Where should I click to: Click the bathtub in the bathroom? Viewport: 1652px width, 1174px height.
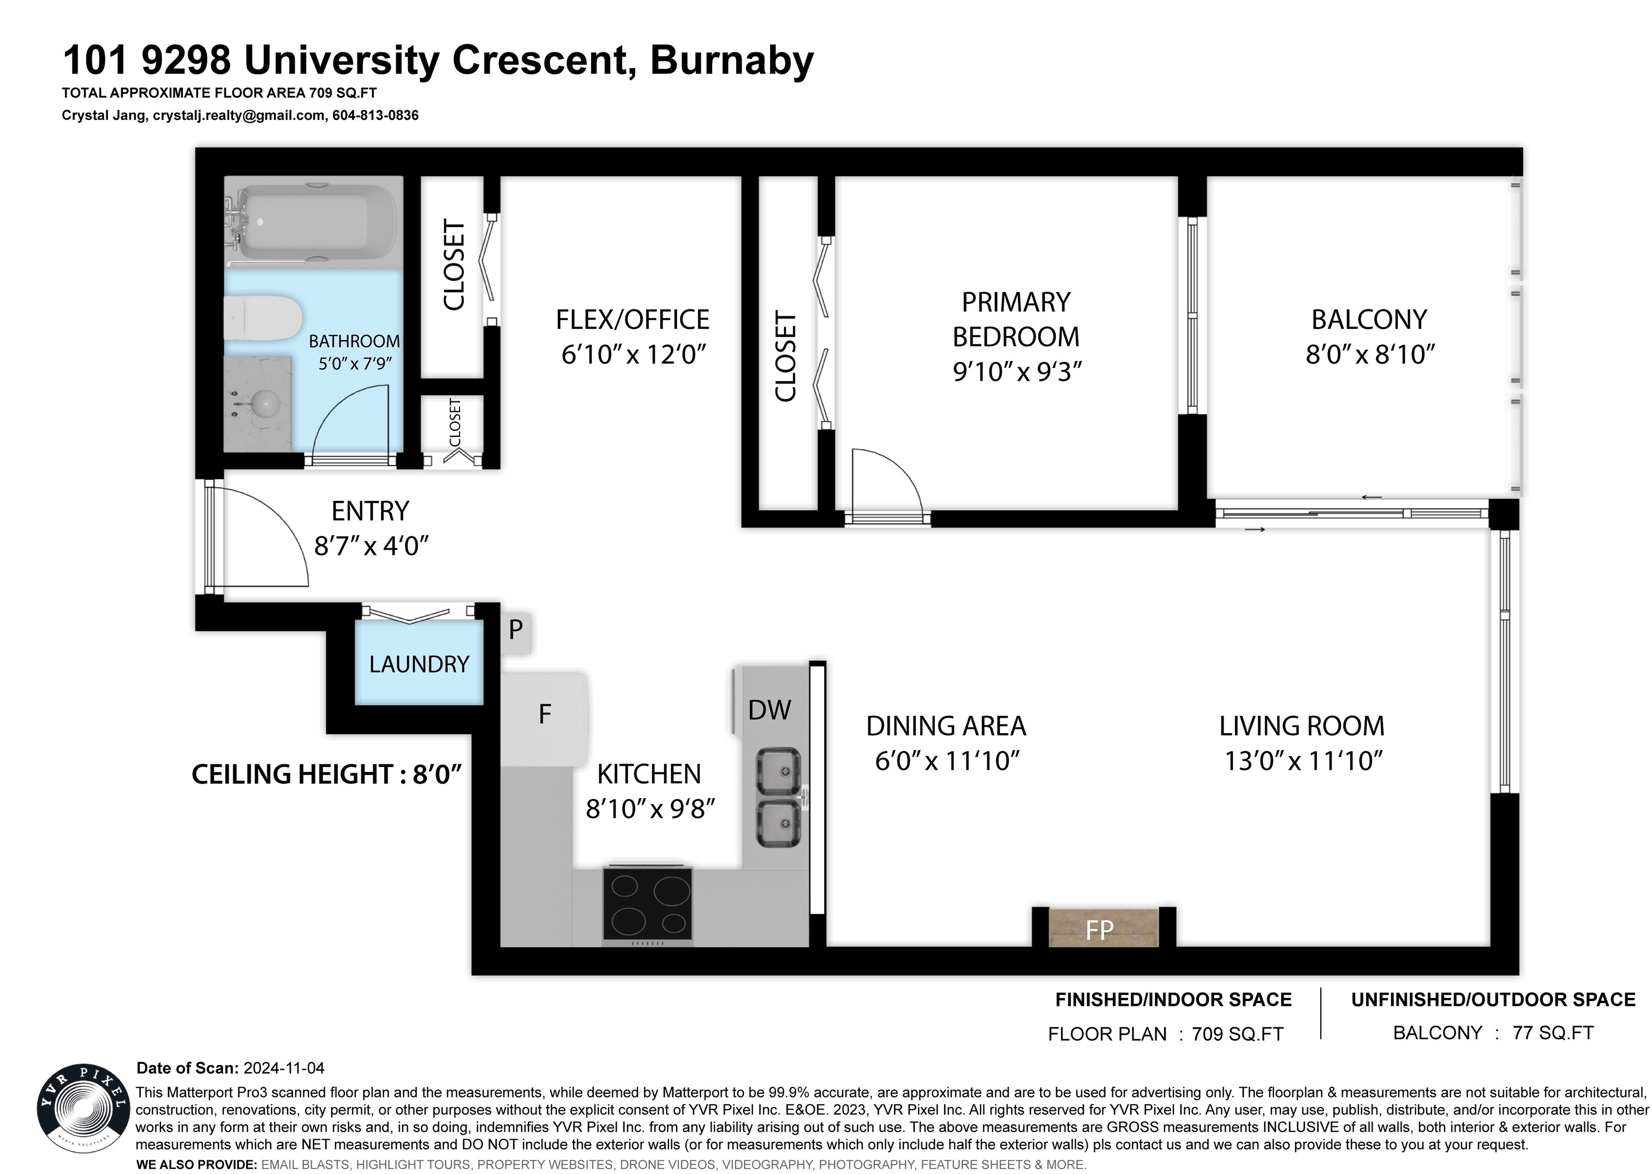point(312,222)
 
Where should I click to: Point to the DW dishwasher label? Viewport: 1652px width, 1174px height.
point(770,710)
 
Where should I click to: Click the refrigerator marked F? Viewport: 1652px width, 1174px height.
point(545,718)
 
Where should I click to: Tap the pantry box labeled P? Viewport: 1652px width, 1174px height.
point(516,630)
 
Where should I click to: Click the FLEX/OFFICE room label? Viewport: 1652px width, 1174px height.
point(633,320)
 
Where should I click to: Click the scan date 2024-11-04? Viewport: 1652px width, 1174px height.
point(284,1068)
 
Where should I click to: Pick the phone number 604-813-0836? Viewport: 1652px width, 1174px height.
point(375,115)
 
